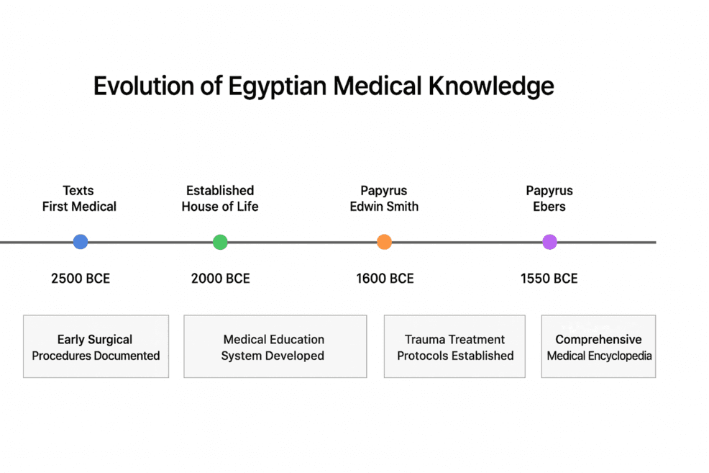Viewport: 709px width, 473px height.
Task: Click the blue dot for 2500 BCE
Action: point(81,242)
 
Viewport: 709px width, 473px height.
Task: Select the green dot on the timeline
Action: point(220,242)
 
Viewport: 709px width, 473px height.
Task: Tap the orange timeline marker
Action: point(384,242)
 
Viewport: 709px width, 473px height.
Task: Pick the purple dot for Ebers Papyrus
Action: point(549,242)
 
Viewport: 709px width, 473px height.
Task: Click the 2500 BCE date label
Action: point(81,279)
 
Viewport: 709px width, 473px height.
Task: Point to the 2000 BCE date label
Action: point(220,279)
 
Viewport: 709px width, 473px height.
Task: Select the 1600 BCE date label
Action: point(385,279)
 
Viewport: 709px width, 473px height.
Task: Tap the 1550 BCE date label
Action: point(549,279)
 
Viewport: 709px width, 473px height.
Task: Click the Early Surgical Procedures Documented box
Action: point(96,346)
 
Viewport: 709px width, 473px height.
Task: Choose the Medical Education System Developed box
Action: point(275,346)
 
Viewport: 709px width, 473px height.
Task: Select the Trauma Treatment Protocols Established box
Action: point(454,346)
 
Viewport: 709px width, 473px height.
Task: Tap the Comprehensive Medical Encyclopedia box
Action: point(598,346)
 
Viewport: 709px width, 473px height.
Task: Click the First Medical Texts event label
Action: point(79,199)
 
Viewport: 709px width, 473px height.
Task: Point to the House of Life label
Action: point(220,207)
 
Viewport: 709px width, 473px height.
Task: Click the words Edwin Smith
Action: point(384,207)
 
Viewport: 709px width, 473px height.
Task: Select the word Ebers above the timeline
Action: point(549,207)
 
